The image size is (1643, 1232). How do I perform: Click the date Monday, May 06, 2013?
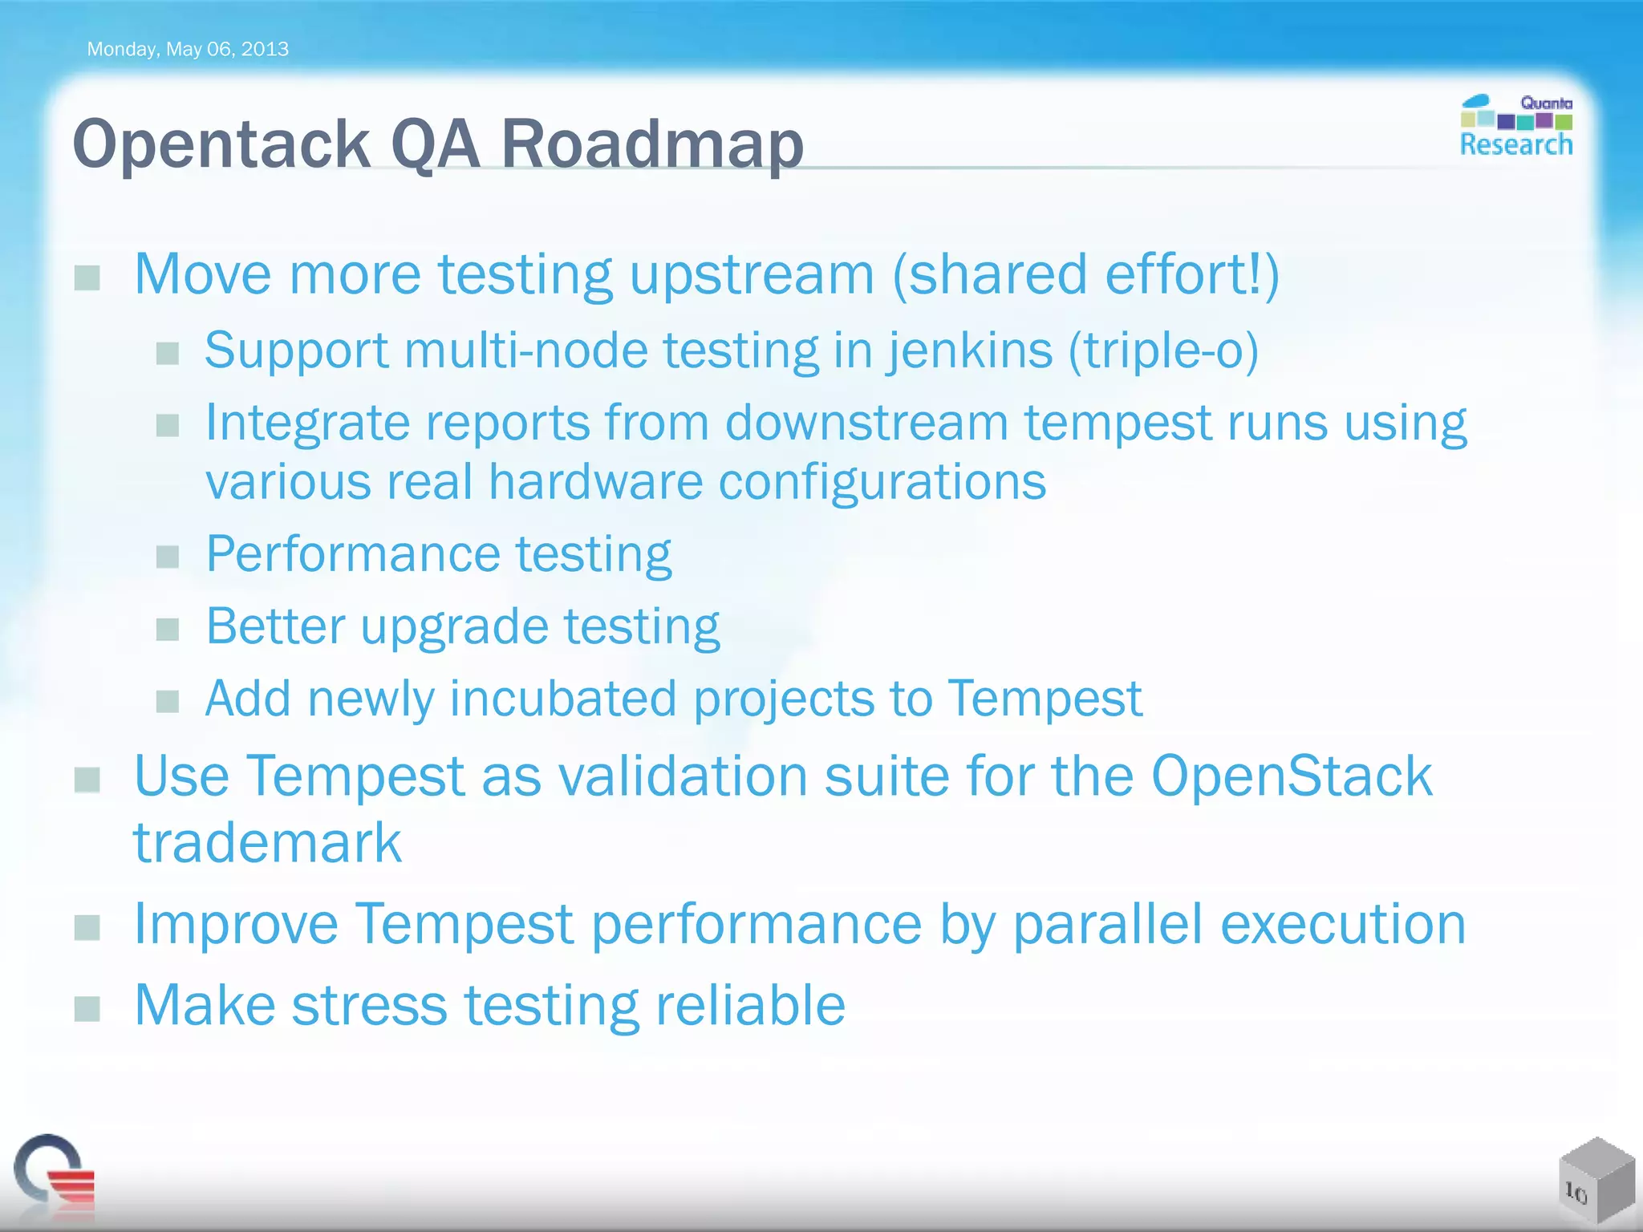(x=187, y=49)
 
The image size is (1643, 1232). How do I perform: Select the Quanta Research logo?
(x=1515, y=127)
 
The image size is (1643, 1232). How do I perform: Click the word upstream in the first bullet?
(x=752, y=275)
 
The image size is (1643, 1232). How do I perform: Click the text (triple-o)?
(x=1163, y=351)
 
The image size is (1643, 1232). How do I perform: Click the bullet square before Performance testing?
(x=168, y=557)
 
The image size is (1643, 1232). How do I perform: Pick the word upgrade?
(x=454, y=627)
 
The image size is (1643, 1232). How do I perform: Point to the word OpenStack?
(x=1292, y=776)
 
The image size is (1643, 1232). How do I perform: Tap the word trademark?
(x=267, y=844)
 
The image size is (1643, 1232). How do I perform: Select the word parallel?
(x=1108, y=925)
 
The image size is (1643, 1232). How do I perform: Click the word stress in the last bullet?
(x=369, y=1006)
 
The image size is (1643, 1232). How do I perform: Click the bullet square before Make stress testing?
(x=87, y=1009)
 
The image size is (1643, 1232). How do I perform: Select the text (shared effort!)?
(x=1085, y=275)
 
